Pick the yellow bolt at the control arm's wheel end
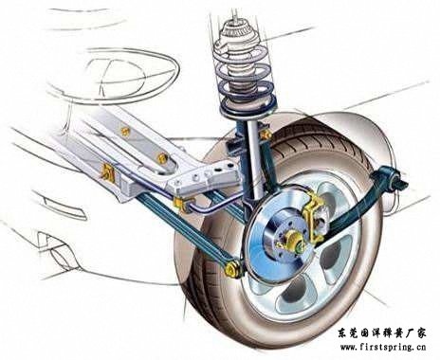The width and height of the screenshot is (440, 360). [230, 270]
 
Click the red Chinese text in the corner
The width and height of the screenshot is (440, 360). [376, 333]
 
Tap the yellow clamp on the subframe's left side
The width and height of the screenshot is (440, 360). [108, 173]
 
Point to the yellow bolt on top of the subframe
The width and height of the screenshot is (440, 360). [124, 131]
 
